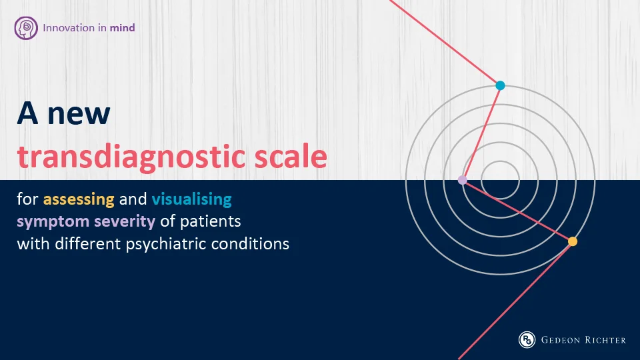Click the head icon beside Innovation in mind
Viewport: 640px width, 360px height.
(x=26, y=28)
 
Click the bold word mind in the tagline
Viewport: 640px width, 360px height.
(x=122, y=28)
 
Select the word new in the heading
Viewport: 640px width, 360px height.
(x=79, y=113)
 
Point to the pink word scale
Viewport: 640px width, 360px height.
(x=291, y=156)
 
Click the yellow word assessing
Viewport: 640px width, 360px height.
(x=79, y=199)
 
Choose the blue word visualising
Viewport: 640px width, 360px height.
(x=192, y=199)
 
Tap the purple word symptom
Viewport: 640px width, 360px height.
(x=53, y=221)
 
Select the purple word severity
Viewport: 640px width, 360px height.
(x=125, y=221)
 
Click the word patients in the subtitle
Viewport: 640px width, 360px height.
(x=211, y=221)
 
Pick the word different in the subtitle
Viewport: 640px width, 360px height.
(x=88, y=244)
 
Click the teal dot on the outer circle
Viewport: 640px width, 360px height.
(x=501, y=85)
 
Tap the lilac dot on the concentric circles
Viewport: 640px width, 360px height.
(x=463, y=180)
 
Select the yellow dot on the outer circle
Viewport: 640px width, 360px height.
(x=573, y=241)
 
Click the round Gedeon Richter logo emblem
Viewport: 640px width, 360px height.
(x=527, y=339)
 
